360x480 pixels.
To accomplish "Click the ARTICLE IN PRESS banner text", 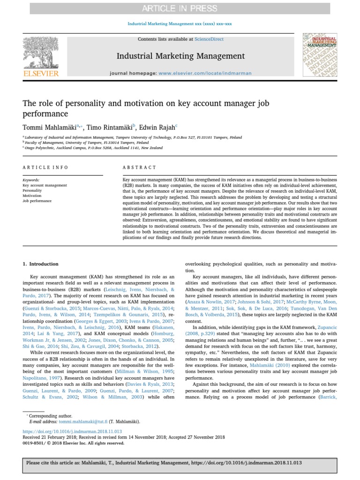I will [180, 8].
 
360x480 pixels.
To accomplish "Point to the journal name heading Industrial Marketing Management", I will [180, 56].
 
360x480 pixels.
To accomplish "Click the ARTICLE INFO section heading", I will [45, 167].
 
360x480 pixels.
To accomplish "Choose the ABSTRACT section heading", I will [139, 167].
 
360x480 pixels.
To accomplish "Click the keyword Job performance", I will [37, 201].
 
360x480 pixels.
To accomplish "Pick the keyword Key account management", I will [45, 185].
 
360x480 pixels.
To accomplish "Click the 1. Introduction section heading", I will [41, 264].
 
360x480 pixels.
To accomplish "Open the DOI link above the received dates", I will [72, 431].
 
